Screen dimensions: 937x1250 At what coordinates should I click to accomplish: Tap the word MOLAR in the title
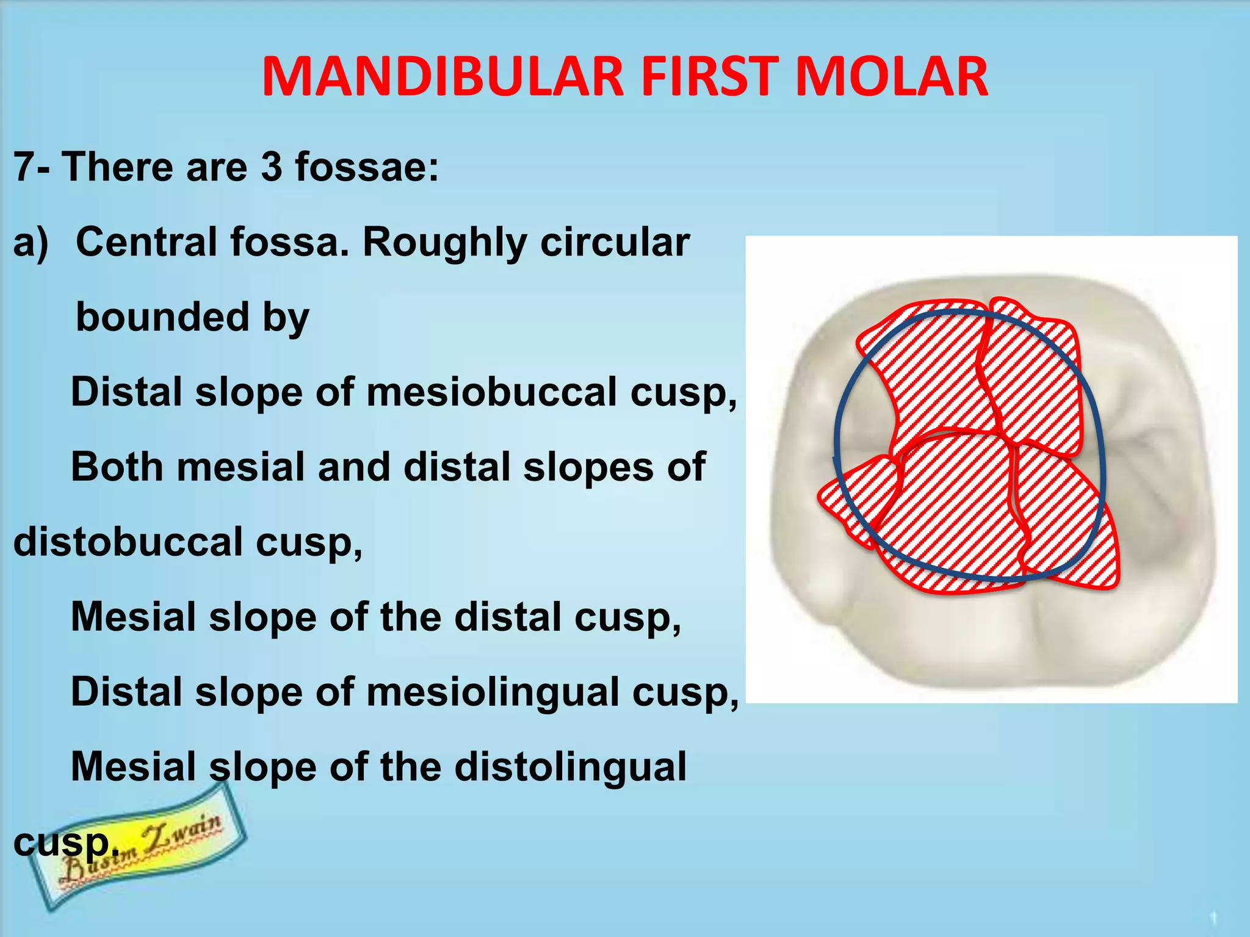[x=891, y=77]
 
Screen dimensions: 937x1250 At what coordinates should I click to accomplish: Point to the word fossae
[x=366, y=167]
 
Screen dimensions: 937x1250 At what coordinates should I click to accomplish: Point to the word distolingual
[x=570, y=767]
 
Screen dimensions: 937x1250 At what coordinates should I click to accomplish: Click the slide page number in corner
[x=1213, y=917]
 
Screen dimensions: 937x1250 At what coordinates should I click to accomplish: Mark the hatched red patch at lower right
[x=1074, y=531]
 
